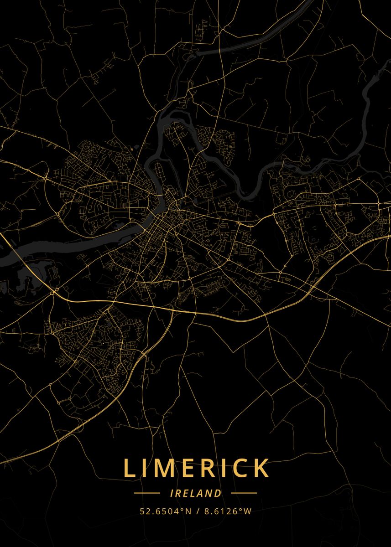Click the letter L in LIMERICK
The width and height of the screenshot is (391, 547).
click(x=130, y=468)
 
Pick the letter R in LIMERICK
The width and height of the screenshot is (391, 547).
click(x=208, y=468)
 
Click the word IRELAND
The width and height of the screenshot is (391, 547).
click(x=195, y=493)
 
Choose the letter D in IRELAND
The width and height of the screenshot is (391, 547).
click(x=219, y=493)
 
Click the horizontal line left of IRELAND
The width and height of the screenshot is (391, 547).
click(x=147, y=493)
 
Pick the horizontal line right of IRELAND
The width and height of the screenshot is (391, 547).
click(x=244, y=493)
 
